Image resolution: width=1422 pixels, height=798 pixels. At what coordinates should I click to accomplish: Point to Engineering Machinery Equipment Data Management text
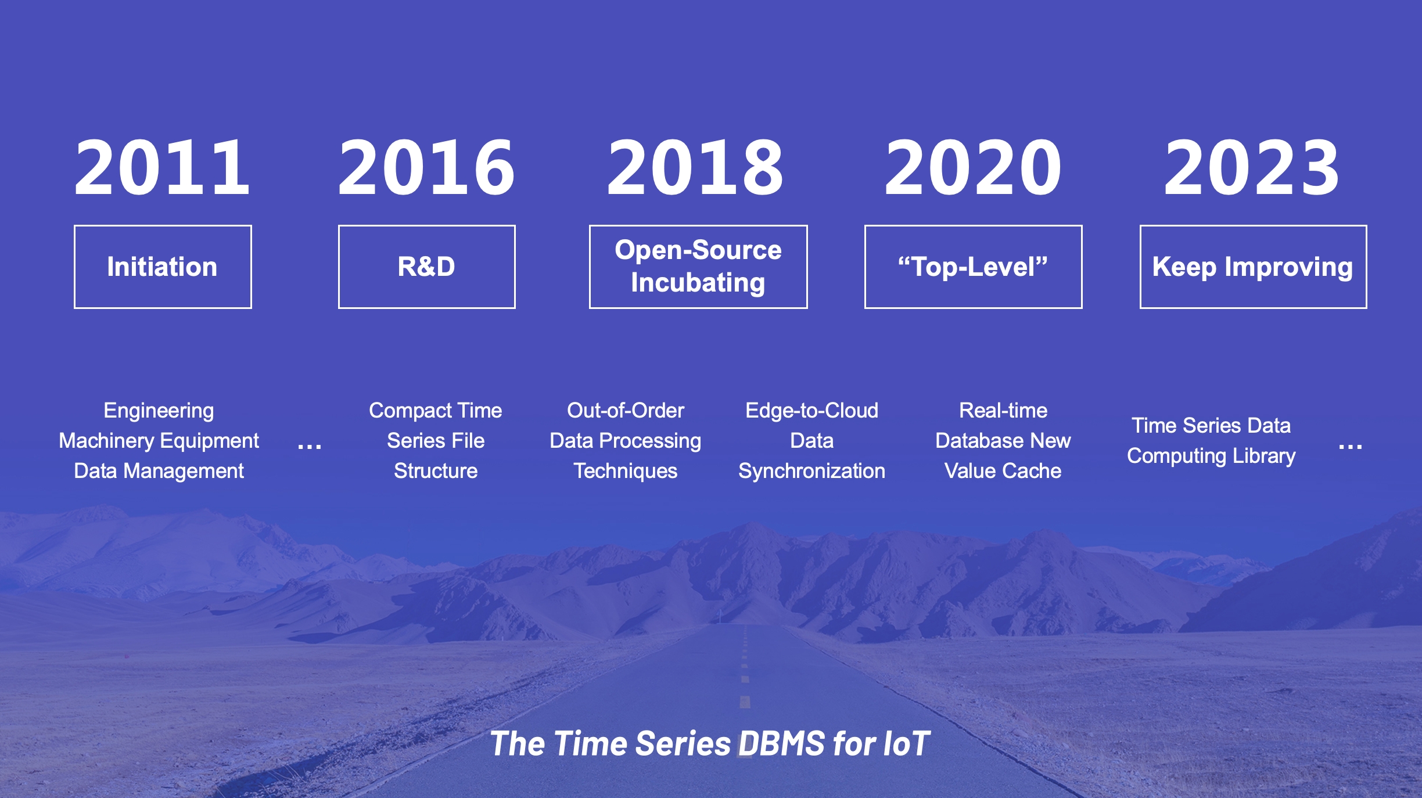coord(159,441)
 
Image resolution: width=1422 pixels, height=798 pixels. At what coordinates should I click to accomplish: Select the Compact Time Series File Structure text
coord(436,441)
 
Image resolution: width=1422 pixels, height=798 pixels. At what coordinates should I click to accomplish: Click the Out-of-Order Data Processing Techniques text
coord(626,441)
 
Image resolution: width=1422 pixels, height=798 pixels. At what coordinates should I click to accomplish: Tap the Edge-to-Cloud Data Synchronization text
coord(811,441)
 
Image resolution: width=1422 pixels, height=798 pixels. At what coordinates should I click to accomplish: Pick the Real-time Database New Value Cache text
coord(1003,441)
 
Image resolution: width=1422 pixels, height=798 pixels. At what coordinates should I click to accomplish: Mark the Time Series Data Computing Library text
coord(1211,441)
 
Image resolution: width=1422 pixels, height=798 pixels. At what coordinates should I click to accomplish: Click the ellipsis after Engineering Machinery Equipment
coord(309,447)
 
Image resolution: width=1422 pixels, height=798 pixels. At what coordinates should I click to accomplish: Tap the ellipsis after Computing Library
coord(1350,447)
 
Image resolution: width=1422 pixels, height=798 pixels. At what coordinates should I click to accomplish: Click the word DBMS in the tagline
coord(782,743)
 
